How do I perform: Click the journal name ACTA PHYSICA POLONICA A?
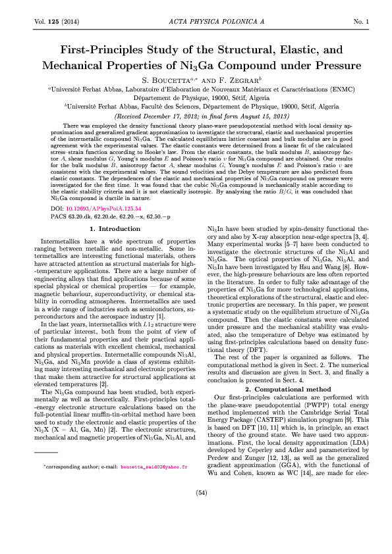196,22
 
